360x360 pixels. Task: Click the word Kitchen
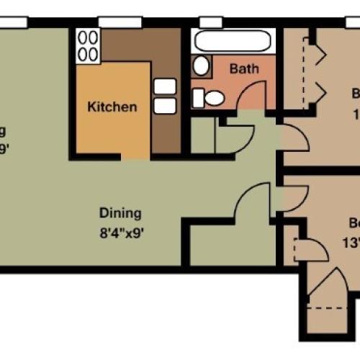click(112, 107)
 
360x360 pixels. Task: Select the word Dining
click(120, 213)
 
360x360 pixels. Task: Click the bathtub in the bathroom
click(233, 42)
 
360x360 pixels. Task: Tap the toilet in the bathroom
click(212, 96)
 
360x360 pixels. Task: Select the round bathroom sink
click(201, 66)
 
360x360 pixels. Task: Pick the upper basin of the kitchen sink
click(165, 86)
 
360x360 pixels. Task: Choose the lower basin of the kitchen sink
click(165, 107)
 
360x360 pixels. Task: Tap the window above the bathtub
click(210, 22)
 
